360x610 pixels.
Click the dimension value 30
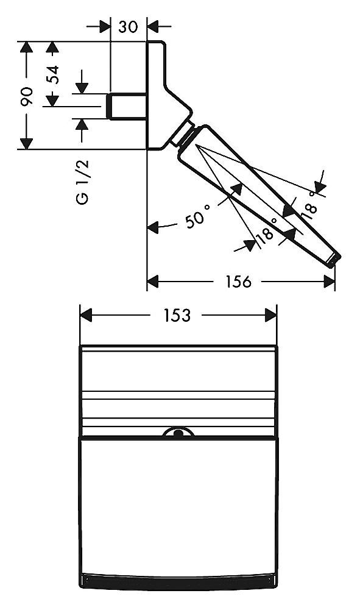(x=128, y=27)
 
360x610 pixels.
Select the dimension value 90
(x=26, y=96)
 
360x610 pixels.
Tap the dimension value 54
(x=52, y=74)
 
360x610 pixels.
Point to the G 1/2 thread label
(x=82, y=182)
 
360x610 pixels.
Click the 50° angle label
(x=198, y=216)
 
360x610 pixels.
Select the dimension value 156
(x=238, y=282)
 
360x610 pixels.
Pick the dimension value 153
(x=177, y=315)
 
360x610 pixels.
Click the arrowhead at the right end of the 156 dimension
(x=330, y=282)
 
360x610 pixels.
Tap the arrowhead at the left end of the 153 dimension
(x=85, y=315)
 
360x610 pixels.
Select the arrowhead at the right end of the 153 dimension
(x=271, y=315)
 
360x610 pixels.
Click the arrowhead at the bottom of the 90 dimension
(x=26, y=144)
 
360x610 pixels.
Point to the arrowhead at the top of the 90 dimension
(x=26, y=47)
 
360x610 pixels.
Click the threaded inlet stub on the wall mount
(x=127, y=106)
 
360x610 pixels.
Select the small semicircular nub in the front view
(x=178, y=432)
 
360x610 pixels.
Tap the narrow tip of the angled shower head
(x=334, y=260)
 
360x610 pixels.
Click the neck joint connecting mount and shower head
(x=182, y=134)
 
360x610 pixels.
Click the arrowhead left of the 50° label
(x=153, y=227)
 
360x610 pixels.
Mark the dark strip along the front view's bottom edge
(x=180, y=580)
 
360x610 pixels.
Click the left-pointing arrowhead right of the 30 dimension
(x=153, y=27)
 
